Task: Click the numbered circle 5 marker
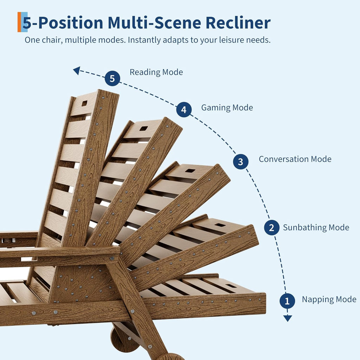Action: click(112, 78)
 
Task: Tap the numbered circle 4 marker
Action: click(184, 110)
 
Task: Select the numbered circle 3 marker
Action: click(240, 162)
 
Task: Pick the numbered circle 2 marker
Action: click(272, 227)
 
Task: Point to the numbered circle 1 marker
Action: click(287, 301)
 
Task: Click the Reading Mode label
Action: click(156, 72)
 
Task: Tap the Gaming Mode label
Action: click(227, 108)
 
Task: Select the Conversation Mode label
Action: click(295, 159)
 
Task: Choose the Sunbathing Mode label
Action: click(316, 227)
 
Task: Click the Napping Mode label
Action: click(329, 300)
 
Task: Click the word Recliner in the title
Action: click(238, 23)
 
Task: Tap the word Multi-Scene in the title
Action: click(154, 23)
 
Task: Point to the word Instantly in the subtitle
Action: click(144, 40)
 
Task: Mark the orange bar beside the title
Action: click(19, 22)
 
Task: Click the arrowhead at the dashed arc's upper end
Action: click(77, 70)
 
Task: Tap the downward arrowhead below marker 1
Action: click(288, 318)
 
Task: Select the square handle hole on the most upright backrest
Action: click(84, 103)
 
